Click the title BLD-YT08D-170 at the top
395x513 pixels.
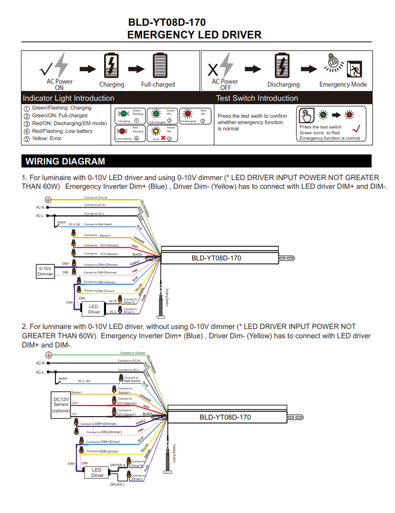tap(166, 22)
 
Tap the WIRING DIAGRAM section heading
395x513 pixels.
tap(65, 161)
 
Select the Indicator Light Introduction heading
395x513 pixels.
tap(69, 98)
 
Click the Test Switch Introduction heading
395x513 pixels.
tap(257, 98)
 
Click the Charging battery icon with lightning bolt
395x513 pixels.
tap(111, 65)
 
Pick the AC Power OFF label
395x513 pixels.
tap(225, 85)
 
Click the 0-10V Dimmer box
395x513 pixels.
tap(45, 271)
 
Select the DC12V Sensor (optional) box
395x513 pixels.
tap(61, 404)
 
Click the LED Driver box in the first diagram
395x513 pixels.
tap(94, 309)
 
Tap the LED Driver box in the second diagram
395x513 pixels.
tap(97, 472)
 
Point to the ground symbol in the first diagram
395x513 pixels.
tap(48, 200)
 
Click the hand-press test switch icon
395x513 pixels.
tap(305, 116)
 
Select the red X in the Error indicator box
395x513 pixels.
tap(163, 138)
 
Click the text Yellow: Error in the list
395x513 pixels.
tap(47, 139)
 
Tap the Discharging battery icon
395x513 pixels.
tap(282, 65)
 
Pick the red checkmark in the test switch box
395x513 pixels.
tap(356, 128)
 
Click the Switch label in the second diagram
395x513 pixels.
tap(63, 378)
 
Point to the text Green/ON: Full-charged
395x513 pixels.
tap(59, 115)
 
